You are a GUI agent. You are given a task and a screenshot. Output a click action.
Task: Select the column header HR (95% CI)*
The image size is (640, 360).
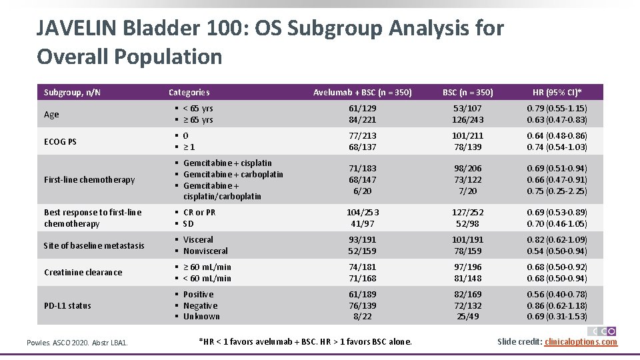coord(557,92)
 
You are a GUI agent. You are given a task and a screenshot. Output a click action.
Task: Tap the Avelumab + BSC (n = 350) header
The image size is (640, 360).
coord(363,92)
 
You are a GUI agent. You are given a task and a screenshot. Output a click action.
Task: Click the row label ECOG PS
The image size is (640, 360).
coord(60,141)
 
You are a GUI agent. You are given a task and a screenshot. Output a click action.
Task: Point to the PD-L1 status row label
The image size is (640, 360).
coord(67,305)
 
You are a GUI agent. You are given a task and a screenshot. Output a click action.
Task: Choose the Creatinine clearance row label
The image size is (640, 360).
coord(83,272)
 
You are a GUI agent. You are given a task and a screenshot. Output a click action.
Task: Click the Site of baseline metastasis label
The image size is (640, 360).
coord(93,245)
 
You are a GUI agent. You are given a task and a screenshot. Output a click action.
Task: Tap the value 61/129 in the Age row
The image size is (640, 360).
coord(363,108)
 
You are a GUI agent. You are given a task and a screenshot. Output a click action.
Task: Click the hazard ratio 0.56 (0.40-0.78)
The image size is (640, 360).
coord(557,294)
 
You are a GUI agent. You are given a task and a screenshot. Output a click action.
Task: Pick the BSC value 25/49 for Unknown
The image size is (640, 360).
coord(467,317)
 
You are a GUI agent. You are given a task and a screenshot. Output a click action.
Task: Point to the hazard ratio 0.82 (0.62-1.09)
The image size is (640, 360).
coord(557,239)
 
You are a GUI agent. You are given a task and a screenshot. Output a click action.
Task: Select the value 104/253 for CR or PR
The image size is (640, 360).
coord(363,212)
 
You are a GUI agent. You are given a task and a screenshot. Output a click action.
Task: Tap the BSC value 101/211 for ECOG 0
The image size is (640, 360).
coord(467,135)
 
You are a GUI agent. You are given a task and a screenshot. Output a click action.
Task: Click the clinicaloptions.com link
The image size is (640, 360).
coord(581,342)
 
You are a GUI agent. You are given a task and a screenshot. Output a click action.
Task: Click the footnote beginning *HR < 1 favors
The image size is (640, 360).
coord(305,342)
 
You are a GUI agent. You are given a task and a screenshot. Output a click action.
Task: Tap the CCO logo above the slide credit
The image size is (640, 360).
coord(602,331)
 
